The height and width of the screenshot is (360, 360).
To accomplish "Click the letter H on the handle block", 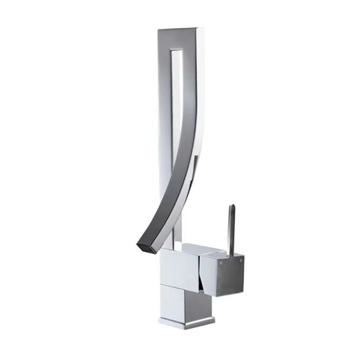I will [222, 262].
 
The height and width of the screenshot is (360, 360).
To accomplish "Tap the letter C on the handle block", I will [241, 262].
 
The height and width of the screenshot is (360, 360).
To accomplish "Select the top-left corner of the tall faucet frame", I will [158, 29].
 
